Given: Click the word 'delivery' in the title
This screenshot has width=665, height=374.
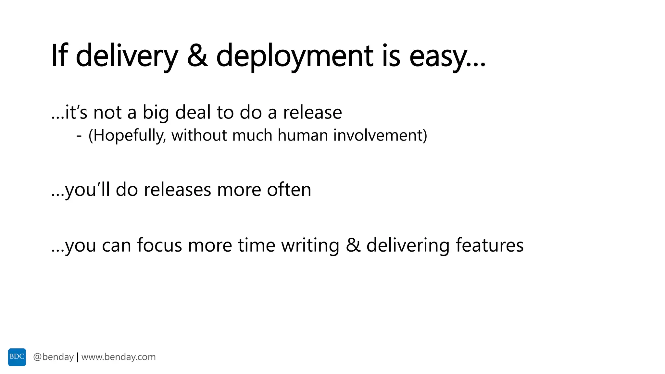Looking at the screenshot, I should coord(127,56).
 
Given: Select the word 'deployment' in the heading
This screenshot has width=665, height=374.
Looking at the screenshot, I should coord(295,56).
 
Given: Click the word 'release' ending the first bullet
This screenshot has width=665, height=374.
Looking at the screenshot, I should coord(312,112).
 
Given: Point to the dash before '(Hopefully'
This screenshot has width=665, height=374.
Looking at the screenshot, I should coord(79,136).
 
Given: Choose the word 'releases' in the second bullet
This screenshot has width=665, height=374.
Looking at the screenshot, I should coord(177,190).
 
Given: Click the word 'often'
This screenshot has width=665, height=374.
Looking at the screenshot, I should coord(289,190).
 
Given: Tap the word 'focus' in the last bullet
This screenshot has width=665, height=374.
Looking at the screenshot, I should coord(159,245).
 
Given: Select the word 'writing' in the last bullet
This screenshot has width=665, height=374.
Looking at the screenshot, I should coord(310,245).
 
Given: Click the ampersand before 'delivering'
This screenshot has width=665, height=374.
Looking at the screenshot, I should coord(353,245).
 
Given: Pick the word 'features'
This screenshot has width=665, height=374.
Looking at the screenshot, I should coord(489,245).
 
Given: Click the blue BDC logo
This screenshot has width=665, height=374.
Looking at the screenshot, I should coord(17,357).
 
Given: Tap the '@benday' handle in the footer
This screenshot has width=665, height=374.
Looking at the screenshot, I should coord(53,357).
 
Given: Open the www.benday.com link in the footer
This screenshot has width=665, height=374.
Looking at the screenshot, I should coord(119,357).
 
